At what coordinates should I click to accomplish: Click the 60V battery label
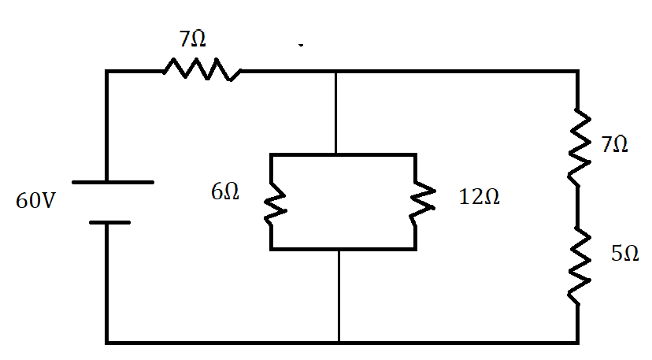[x=35, y=201]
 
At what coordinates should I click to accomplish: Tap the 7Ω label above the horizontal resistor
[x=193, y=39]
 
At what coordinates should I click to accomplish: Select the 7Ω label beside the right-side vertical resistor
[x=614, y=145]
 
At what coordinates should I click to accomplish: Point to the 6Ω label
[x=225, y=192]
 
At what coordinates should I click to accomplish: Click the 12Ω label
[x=479, y=197]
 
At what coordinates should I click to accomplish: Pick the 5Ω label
[x=624, y=254]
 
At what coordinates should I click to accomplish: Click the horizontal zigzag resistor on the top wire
[x=202, y=71]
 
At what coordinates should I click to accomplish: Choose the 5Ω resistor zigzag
[x=578, y=265]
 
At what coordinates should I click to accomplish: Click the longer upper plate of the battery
[x=113, y=183]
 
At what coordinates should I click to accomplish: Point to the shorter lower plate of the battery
[x=109, y=222]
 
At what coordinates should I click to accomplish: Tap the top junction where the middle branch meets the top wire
[x=336, y=72]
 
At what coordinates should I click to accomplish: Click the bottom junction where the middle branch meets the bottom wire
[x=339, y=342]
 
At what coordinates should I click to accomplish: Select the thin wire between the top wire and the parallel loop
[x=336, y=113]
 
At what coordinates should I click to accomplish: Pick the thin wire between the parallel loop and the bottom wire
[x=339, y=295]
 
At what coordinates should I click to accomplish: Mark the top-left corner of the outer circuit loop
[x=107, y=72]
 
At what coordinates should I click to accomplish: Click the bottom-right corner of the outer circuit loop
[x=578, y=342]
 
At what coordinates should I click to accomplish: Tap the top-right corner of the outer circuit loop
[x=578, y=72]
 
